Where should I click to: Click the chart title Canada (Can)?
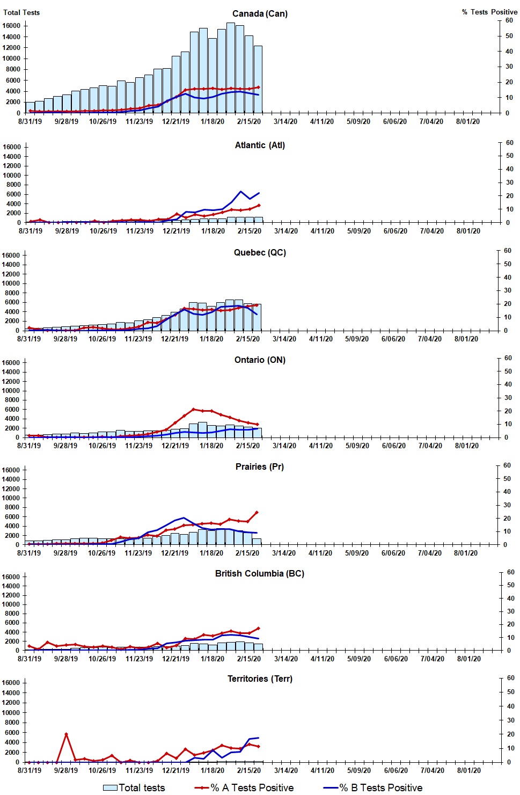pos(260,13)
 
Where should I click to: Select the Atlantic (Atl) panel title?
pos(260,145)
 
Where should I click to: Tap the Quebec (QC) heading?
pos(260,252)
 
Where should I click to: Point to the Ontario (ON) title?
pos(260,360)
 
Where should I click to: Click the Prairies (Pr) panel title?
pos(260,466)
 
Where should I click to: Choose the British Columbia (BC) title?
pos(260,573)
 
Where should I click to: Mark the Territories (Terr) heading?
pos(260,679)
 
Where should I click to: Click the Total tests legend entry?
pos(134,787)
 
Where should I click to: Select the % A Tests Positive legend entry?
pos(245,787)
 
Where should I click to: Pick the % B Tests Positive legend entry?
pos(373,787)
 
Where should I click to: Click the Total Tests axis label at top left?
pos(21,12)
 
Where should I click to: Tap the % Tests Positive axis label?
pos(489,12)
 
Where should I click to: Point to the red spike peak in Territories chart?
pos(66,734)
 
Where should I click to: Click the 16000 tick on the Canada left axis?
pos(12,26)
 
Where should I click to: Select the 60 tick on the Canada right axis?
pos(509,20)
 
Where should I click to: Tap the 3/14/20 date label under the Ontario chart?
pos(285,446)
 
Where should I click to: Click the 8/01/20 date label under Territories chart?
pos(468,770)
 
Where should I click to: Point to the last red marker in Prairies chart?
pos(257,512)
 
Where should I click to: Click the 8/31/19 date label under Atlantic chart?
pos(31,231)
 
